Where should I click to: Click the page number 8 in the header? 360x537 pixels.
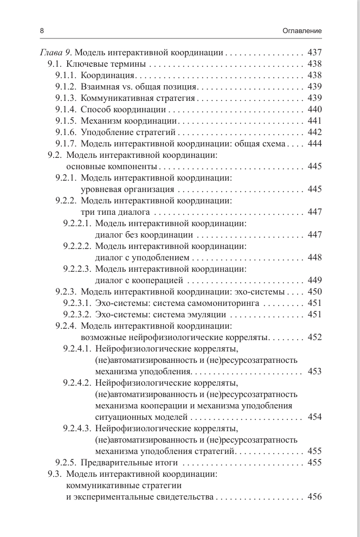click(42, 31)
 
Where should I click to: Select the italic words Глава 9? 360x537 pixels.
click(56, 53)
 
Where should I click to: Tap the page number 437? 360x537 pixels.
click(314, 53)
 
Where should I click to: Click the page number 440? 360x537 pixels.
click(314, 110)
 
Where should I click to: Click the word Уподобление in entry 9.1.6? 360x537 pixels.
click(105, 132)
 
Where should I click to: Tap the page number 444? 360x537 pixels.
click(314, 144)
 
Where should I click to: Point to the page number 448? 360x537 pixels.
click(314, 258)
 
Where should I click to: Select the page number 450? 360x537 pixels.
click(314, 292)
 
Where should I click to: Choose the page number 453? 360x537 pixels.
click(314, 372)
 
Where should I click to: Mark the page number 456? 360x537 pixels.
click(314, 497)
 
